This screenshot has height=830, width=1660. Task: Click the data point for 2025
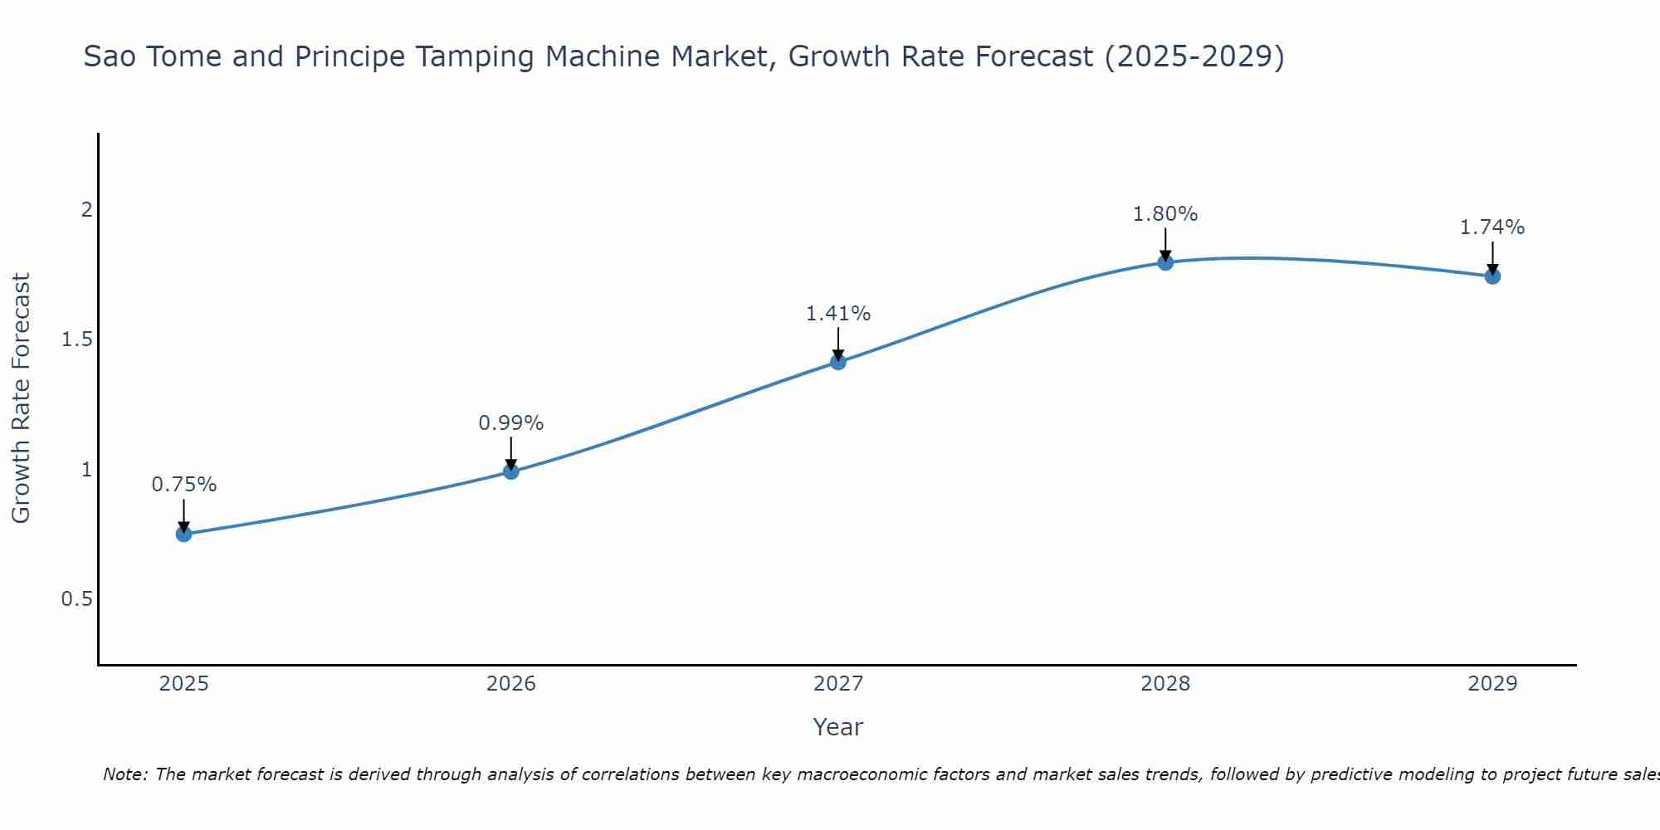coord(184,534)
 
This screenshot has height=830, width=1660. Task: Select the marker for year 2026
coord(511,471)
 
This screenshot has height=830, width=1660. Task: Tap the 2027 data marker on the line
coord(838,362)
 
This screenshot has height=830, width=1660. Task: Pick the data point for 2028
coord(1165,262)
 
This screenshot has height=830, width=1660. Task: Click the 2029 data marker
coord(1492,276)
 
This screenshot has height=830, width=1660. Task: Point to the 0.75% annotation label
coord(184,485)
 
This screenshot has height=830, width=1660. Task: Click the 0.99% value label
coord(511,423)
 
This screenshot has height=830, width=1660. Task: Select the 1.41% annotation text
coord(838,314)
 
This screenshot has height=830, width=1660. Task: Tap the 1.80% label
coord(1165,214)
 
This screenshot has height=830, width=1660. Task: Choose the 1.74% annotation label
coord(1492,227)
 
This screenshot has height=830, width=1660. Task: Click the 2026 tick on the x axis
coord(511,684)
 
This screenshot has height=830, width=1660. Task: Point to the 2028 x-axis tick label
coord(1165,684)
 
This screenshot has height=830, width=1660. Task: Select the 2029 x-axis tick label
coord(1492,684)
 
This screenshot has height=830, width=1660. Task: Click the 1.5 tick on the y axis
coord(76,340)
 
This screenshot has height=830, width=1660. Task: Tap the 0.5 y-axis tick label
coord(76,599)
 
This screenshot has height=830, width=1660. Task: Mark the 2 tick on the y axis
coord(85,210)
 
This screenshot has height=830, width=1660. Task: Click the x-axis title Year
coord(838,727)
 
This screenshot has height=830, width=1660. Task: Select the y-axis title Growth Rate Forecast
coord(22,398)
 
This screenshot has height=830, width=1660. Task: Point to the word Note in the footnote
coord(124,774)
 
